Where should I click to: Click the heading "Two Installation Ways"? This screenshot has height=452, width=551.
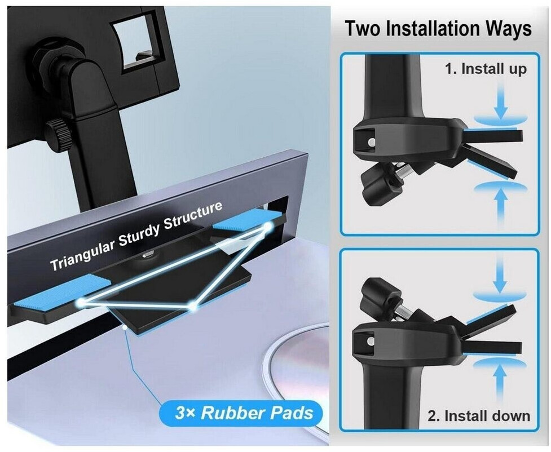point(438,28)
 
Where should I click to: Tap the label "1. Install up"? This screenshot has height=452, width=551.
point(486,69)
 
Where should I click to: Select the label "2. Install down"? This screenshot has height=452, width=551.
point(479,416)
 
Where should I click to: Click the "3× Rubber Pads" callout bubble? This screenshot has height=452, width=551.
point(241,413)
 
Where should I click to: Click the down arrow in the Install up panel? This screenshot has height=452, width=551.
point(501,102)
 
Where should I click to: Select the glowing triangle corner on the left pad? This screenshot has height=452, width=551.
point(81,302)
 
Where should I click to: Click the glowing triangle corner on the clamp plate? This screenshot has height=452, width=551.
point(192,306)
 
